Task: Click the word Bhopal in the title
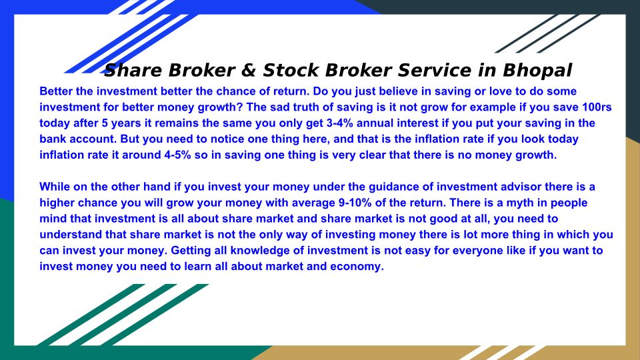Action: click(537, 70)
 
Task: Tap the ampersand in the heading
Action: click(249, 70)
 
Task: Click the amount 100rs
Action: click(597, 107)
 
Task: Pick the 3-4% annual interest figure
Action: click(339, 123)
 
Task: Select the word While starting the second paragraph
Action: click(53, 187)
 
